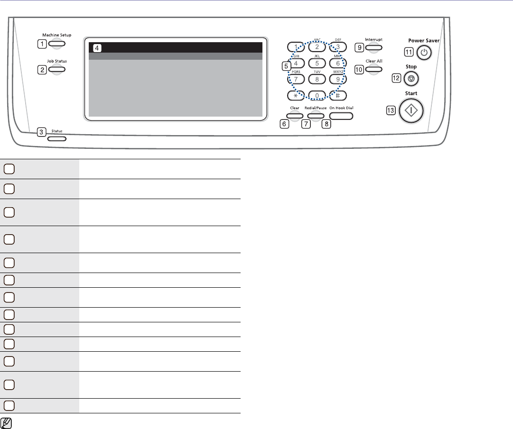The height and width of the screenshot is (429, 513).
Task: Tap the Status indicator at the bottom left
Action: [56, 139]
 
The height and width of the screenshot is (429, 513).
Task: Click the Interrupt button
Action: [374, 47]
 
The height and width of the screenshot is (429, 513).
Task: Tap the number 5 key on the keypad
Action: [317, 63]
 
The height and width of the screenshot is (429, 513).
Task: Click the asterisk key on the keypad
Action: [295, 95]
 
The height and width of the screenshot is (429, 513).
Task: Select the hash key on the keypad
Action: [339, 95]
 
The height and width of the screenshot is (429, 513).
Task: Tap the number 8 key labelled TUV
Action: [317, 79]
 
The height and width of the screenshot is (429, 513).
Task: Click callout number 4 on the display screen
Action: [97, 47]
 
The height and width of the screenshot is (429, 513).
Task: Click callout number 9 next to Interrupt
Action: [360, 47]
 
